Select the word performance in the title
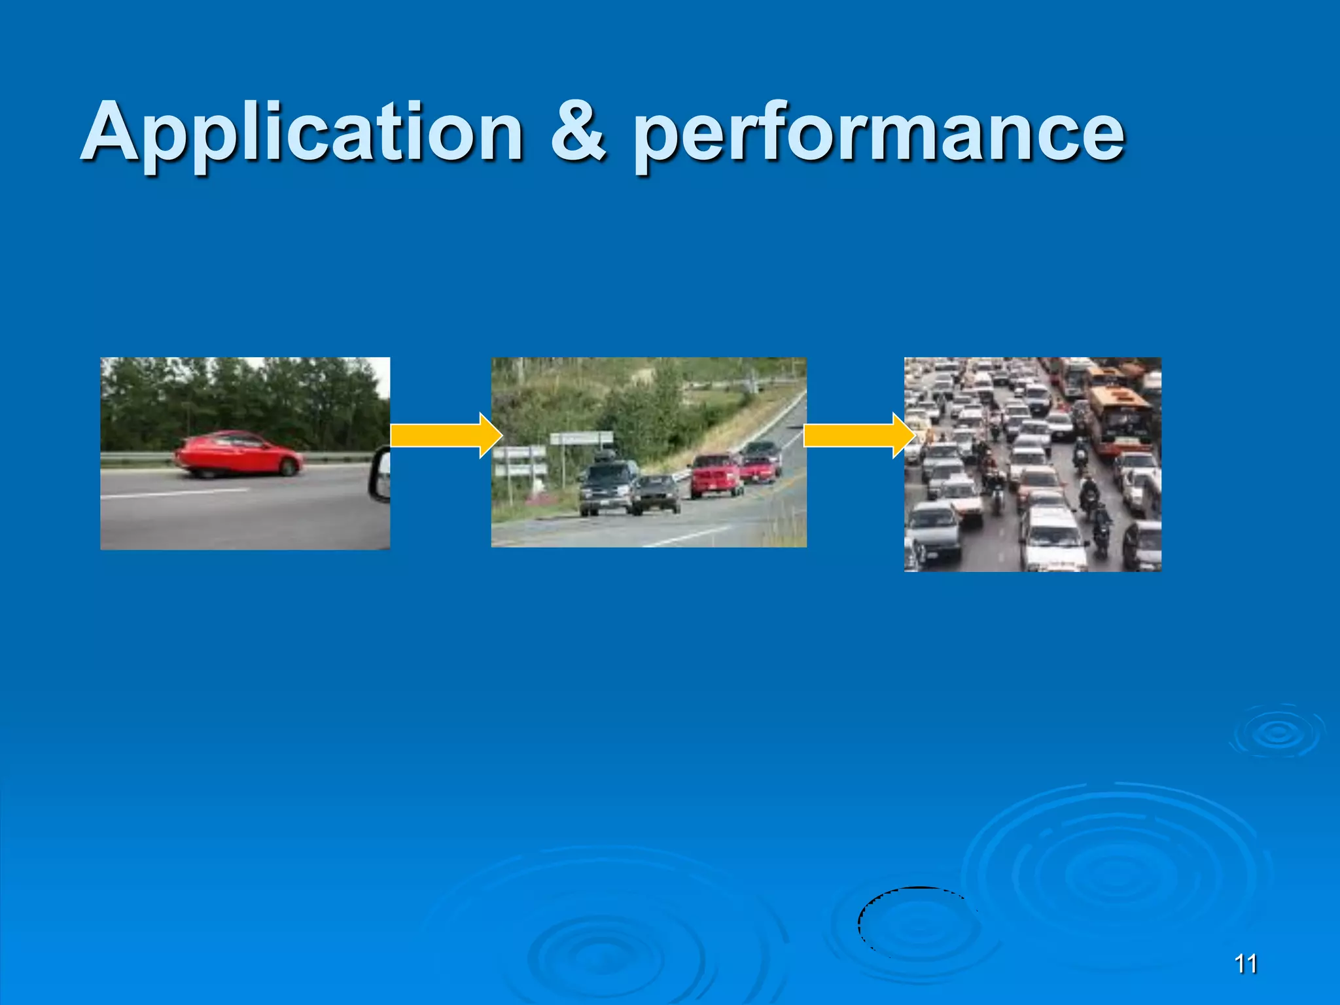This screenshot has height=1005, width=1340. click(879, 135)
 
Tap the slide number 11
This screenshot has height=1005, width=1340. click(1245, 964)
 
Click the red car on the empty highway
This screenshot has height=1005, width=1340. click(239, 453)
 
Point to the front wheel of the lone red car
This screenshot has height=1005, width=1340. click(287, 467)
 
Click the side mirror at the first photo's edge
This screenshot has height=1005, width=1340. click(380, 474)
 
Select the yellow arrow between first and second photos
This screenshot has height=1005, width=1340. click(446, 435)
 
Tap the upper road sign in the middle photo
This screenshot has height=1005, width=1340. click(581, 438)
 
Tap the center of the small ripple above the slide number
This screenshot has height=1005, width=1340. click(1277, 734)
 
